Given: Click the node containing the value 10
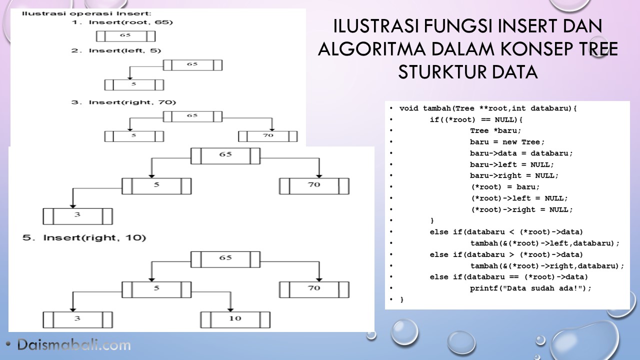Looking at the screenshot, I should click(235, 319).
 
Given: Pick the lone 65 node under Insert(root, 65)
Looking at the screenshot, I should click(125, 36).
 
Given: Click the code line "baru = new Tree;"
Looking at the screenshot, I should click(507, 142).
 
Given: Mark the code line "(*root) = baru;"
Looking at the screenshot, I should click(505, 186).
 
